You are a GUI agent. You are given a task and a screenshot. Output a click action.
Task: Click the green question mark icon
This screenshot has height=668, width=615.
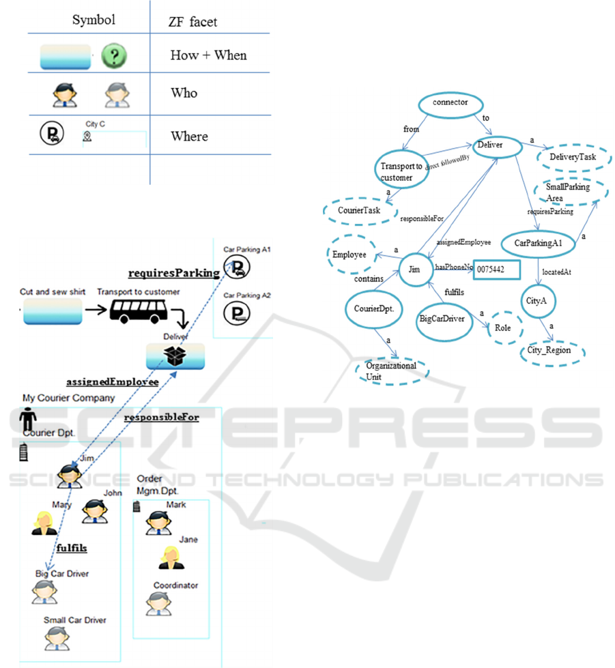click(115, 56)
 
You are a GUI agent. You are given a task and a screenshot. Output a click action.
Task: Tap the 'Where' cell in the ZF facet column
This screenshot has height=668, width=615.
click(189, 136)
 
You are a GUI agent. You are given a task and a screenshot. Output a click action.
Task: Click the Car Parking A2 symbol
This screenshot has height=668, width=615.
click(237, 313)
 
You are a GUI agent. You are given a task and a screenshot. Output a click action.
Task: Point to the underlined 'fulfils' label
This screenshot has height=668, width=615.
click(71, 548)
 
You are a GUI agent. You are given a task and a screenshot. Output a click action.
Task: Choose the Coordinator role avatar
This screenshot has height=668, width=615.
click(159, 603)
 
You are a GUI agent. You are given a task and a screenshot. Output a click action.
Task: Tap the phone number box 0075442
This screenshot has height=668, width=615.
click(497, 269)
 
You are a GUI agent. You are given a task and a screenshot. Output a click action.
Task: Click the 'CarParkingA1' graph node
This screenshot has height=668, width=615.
click(539, 244)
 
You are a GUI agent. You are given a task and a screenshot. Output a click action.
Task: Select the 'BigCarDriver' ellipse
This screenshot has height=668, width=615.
click(445, 319)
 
